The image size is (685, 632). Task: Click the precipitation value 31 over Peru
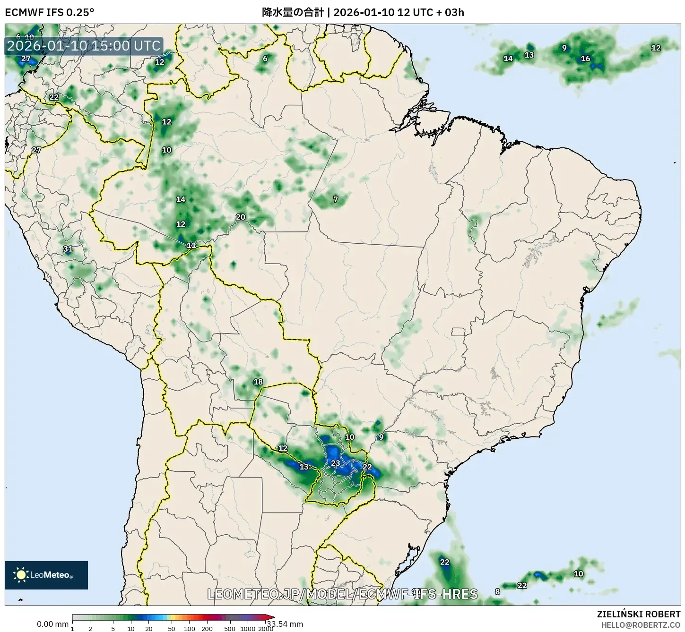(x=68, y=249)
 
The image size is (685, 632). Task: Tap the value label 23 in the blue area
(x=335, y=463)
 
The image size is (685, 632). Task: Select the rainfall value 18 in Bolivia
(x=258, y=382)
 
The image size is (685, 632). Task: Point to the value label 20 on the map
(x=241, y=217)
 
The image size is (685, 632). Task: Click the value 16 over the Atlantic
(x=586, y=59)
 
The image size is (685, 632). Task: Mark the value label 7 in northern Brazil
(x=336, y=199)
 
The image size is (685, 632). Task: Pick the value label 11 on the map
(x=191, y=245)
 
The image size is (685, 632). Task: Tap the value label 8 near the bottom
(x=497, y=592)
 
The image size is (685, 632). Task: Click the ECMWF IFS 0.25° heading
(x=49, y=12)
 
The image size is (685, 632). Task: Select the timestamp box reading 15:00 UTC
(x=84, y=46)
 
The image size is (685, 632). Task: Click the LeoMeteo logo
(x=46, y=575)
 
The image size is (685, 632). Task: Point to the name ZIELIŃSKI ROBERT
(x=638, y=614)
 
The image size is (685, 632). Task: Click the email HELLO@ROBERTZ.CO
(x=641, y=624)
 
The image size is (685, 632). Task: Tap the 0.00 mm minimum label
(x=52, y=624)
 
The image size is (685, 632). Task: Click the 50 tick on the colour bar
(x=172, y=629)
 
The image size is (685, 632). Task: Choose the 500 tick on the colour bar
(x=230, y=629)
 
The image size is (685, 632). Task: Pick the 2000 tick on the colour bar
(x=266, y=629)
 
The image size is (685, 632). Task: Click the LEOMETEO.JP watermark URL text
(x=342, y=594)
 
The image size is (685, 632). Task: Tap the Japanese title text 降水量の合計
(x=293, y=12)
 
